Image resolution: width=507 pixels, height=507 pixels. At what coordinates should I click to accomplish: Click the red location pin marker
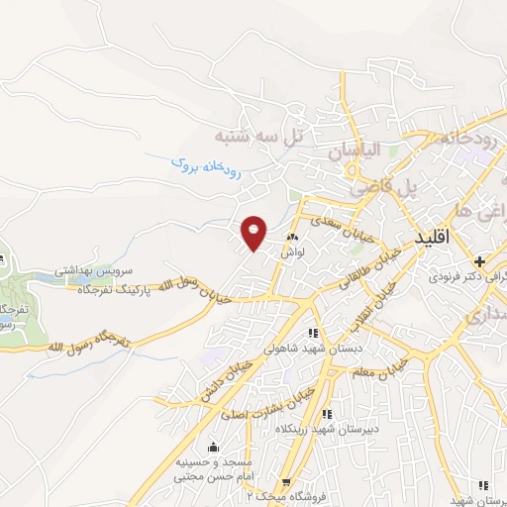point(254,233)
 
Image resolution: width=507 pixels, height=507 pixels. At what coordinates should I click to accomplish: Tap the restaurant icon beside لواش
point(292,239)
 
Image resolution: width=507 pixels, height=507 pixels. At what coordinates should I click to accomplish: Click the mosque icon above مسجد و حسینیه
point(215,448)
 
